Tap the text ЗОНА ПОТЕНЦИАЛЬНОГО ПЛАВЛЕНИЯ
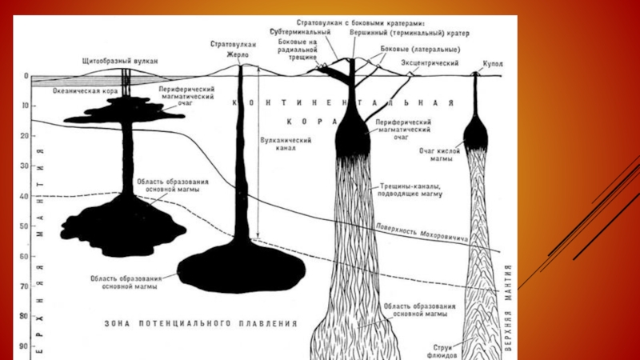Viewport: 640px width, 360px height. click(x=201, y=324)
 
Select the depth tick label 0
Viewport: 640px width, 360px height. click(x=26, y=77)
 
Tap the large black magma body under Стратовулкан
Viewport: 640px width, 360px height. click(x=240, y=270)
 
